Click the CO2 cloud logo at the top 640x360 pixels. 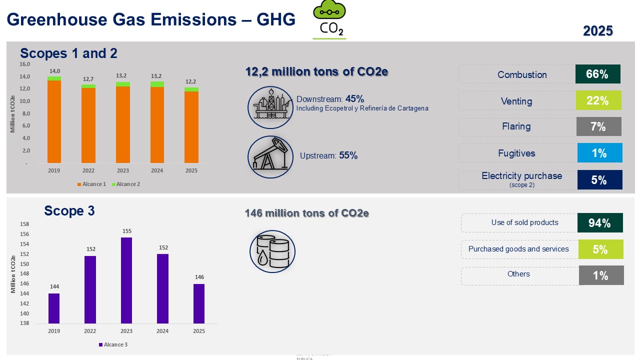[x=329, y=20]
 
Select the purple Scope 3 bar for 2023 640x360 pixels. [x=126, y=280]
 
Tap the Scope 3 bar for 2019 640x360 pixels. [x=54, y=308]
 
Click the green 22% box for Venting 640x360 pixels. [x=598, y=100]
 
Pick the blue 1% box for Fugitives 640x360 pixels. [x=599, y=153]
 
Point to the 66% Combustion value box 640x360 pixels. [x=597, y=74]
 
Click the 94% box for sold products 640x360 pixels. [x=600, y=223]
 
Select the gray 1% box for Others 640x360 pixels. [x=601, y=275]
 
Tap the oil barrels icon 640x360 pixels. [x=272, y=251]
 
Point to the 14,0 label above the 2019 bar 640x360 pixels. [x=54, y=71]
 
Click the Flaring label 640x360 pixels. [x=516, y=126]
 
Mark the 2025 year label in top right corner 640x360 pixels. [x=598, y=31]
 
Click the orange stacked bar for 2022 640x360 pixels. [x=88, y=125]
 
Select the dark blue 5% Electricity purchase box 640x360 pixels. [x=599, y=180]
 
